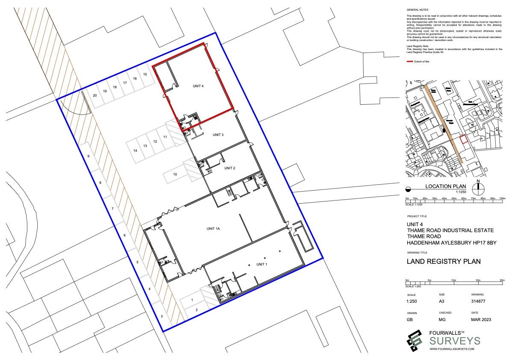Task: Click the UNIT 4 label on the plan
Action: coord(198,86)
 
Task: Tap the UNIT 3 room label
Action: coord(218,135)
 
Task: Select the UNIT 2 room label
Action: coord(229,168)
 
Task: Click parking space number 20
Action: coord(94,95)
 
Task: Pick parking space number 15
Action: coord(145,74)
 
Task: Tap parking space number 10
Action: coord(175,174)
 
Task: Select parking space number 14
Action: coord(135,150)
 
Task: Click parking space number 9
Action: coord(88,156)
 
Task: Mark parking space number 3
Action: coord(162,317)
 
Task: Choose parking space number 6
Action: coord(124,236)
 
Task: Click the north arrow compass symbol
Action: coord(478,188)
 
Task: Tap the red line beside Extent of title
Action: coord(409,62)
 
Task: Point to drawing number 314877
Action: coord(478,301)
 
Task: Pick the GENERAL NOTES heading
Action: coord(417,9)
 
